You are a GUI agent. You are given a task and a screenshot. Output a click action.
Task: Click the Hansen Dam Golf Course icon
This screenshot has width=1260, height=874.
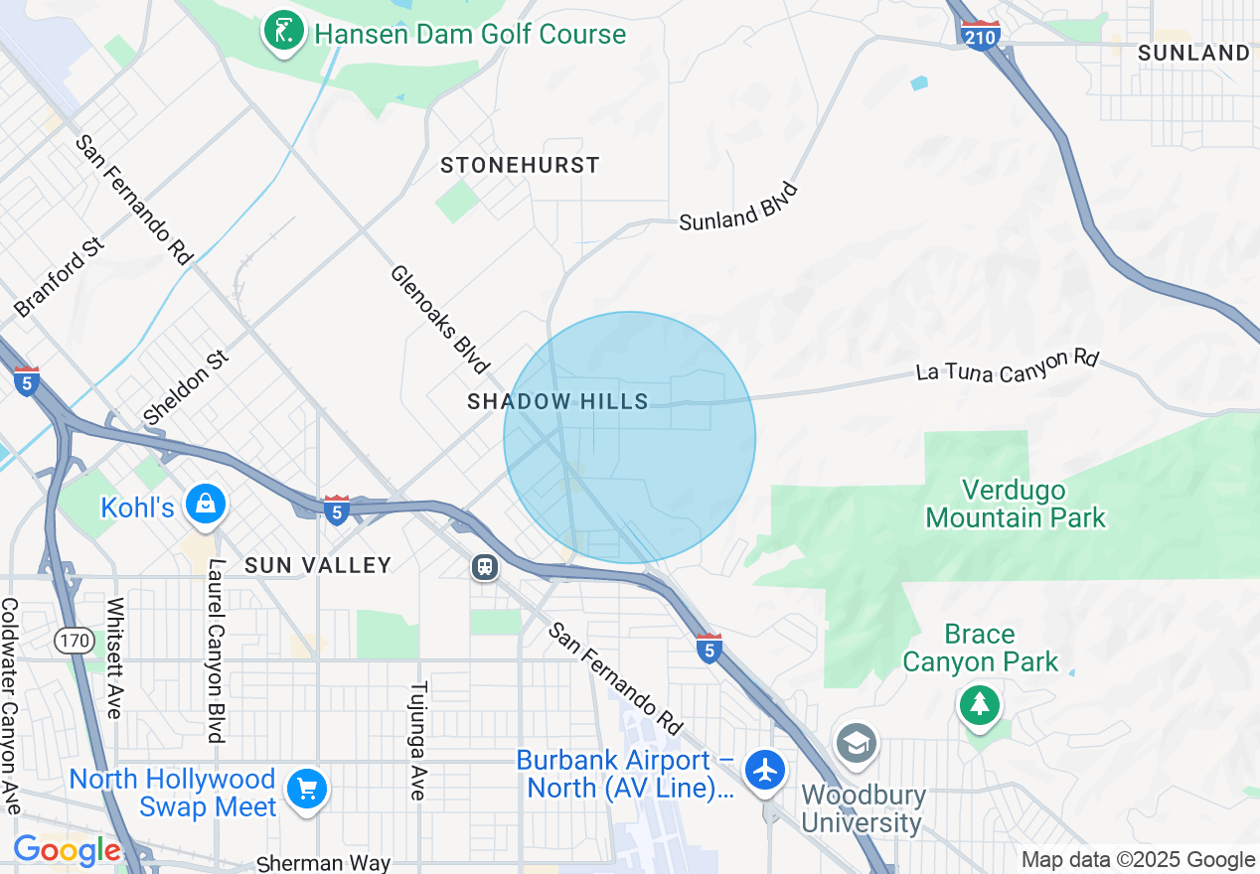pos(283,34)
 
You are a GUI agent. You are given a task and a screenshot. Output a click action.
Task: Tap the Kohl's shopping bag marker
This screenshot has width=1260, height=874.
pos(205,506)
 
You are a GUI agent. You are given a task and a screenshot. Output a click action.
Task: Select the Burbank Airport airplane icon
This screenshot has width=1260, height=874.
pos(765,771)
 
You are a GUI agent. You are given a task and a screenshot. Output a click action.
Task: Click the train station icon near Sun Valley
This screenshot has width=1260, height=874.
pos(485,567)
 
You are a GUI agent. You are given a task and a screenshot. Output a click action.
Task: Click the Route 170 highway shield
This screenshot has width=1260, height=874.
pos(76,641)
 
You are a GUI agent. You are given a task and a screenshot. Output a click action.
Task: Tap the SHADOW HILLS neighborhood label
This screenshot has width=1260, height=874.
pos(557,401)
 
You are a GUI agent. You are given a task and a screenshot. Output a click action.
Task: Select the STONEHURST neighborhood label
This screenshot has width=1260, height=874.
pos(520,165)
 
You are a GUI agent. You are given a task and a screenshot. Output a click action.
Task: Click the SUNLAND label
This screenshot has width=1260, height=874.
pos(1192,53)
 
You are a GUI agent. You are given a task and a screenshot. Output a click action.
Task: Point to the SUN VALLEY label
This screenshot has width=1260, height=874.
pos(318,565)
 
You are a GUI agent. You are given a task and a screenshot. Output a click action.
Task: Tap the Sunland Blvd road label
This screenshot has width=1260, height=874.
pos(739,207)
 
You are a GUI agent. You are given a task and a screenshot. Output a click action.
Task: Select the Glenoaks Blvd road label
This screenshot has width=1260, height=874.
pos(439,319)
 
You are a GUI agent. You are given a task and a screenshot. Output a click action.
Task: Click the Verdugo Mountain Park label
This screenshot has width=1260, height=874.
pos(1015,504)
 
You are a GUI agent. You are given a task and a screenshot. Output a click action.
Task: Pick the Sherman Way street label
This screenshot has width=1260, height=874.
pos(323,863)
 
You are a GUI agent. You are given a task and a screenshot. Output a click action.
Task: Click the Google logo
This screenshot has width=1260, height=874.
pos(67,850)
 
